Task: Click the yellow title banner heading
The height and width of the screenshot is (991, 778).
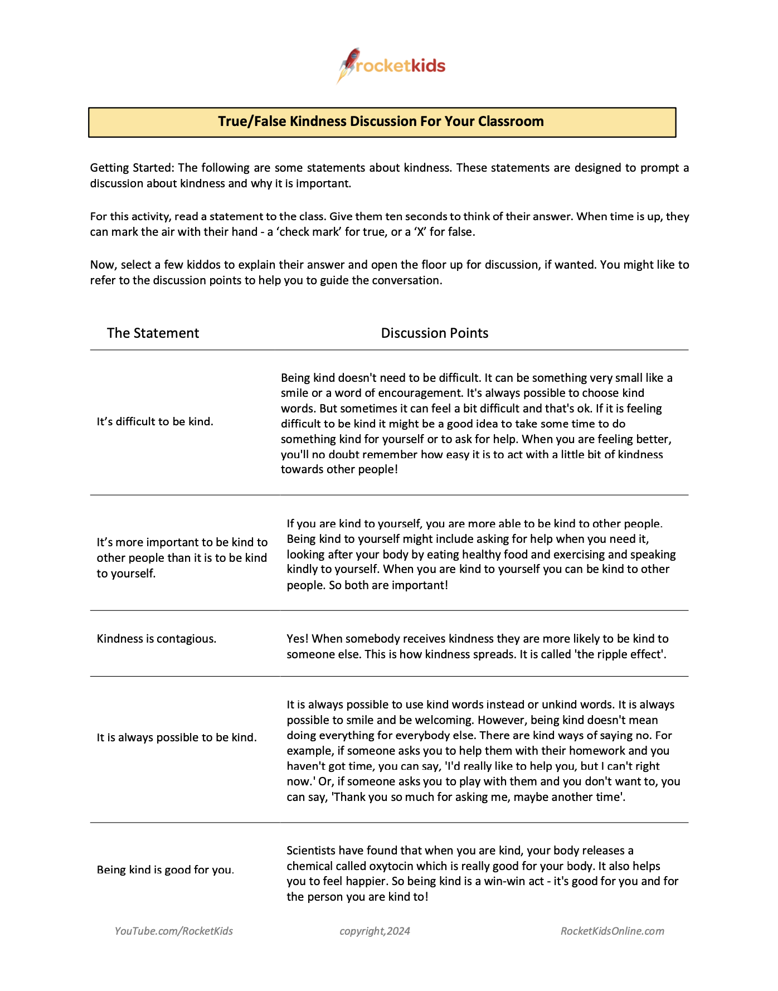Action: pyautogui.click(x=381, y=122)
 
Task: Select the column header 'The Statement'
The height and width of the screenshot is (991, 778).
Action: pyautogui.click(x=153, y=333)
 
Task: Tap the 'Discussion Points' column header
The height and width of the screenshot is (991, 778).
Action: pyautogui.click(x=434, y=333)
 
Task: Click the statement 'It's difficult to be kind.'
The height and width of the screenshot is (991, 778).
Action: pyautogui.click(x=155, y=422)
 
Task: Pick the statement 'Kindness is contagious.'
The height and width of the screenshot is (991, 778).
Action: pyautogui.click(x=157, y=639)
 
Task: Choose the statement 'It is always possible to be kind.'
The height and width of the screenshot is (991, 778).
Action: pyautogui.click(x=177, y=737)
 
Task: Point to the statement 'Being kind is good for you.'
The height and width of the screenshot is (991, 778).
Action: pyautogui.click(x=165, y=869)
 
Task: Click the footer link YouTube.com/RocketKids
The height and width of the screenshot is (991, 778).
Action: pyautogui.click(x=174, y=931)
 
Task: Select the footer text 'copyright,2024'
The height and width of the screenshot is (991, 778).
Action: pyautogui.click(x=375, y=931)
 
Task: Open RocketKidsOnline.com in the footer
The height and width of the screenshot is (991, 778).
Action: pyautogui.click(x=612, y=931)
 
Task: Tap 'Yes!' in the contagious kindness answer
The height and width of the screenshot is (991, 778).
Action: pyautogui.click(x=298, y=639)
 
